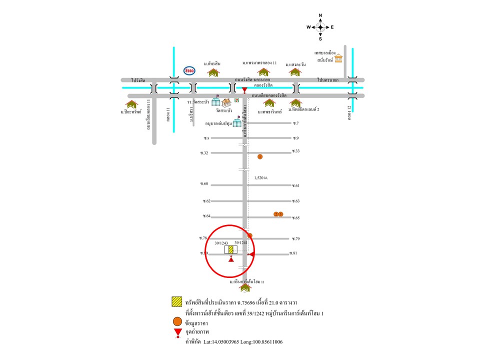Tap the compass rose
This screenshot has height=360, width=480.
point(320,27)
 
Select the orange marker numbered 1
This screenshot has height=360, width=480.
point(260,156)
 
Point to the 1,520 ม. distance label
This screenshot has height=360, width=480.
point(261,177)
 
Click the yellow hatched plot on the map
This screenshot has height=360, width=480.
point(231,249)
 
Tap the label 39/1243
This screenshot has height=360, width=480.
point(221,242)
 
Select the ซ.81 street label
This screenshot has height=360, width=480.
point(294,253)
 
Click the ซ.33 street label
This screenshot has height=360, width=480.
point(295,151)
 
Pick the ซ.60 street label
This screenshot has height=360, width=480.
point(204,184)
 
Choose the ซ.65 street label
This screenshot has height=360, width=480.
point(295,218)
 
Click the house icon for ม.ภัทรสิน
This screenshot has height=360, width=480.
point(213,72)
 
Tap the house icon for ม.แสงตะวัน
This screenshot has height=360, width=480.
point(295,72)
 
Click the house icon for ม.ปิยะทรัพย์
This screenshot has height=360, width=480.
point(131,104)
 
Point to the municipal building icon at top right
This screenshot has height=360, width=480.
point(339,58)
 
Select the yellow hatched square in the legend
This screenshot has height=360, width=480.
point(176,302)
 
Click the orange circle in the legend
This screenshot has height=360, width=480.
point(176,322)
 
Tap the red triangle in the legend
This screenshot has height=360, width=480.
point(176,333)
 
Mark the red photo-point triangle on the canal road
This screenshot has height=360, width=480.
point(244,90)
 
